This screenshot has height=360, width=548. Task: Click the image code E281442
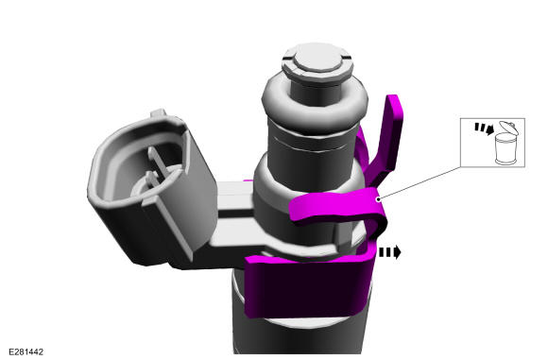(26, 351)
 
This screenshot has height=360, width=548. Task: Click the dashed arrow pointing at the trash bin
(484, 129)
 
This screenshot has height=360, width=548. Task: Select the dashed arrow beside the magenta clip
(390, 252)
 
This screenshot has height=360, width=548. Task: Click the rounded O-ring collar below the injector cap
(315, 101)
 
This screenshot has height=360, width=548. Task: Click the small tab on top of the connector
(158, 113)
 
